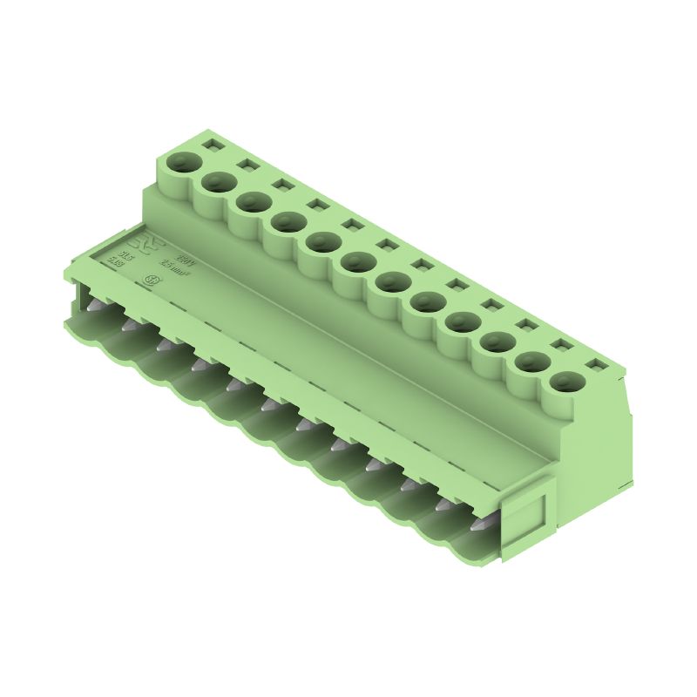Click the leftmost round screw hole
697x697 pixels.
point(183,162)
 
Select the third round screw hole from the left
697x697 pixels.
point(252,202)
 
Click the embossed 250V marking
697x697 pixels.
point(185,260)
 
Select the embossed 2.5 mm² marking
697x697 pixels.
point(176,272)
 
